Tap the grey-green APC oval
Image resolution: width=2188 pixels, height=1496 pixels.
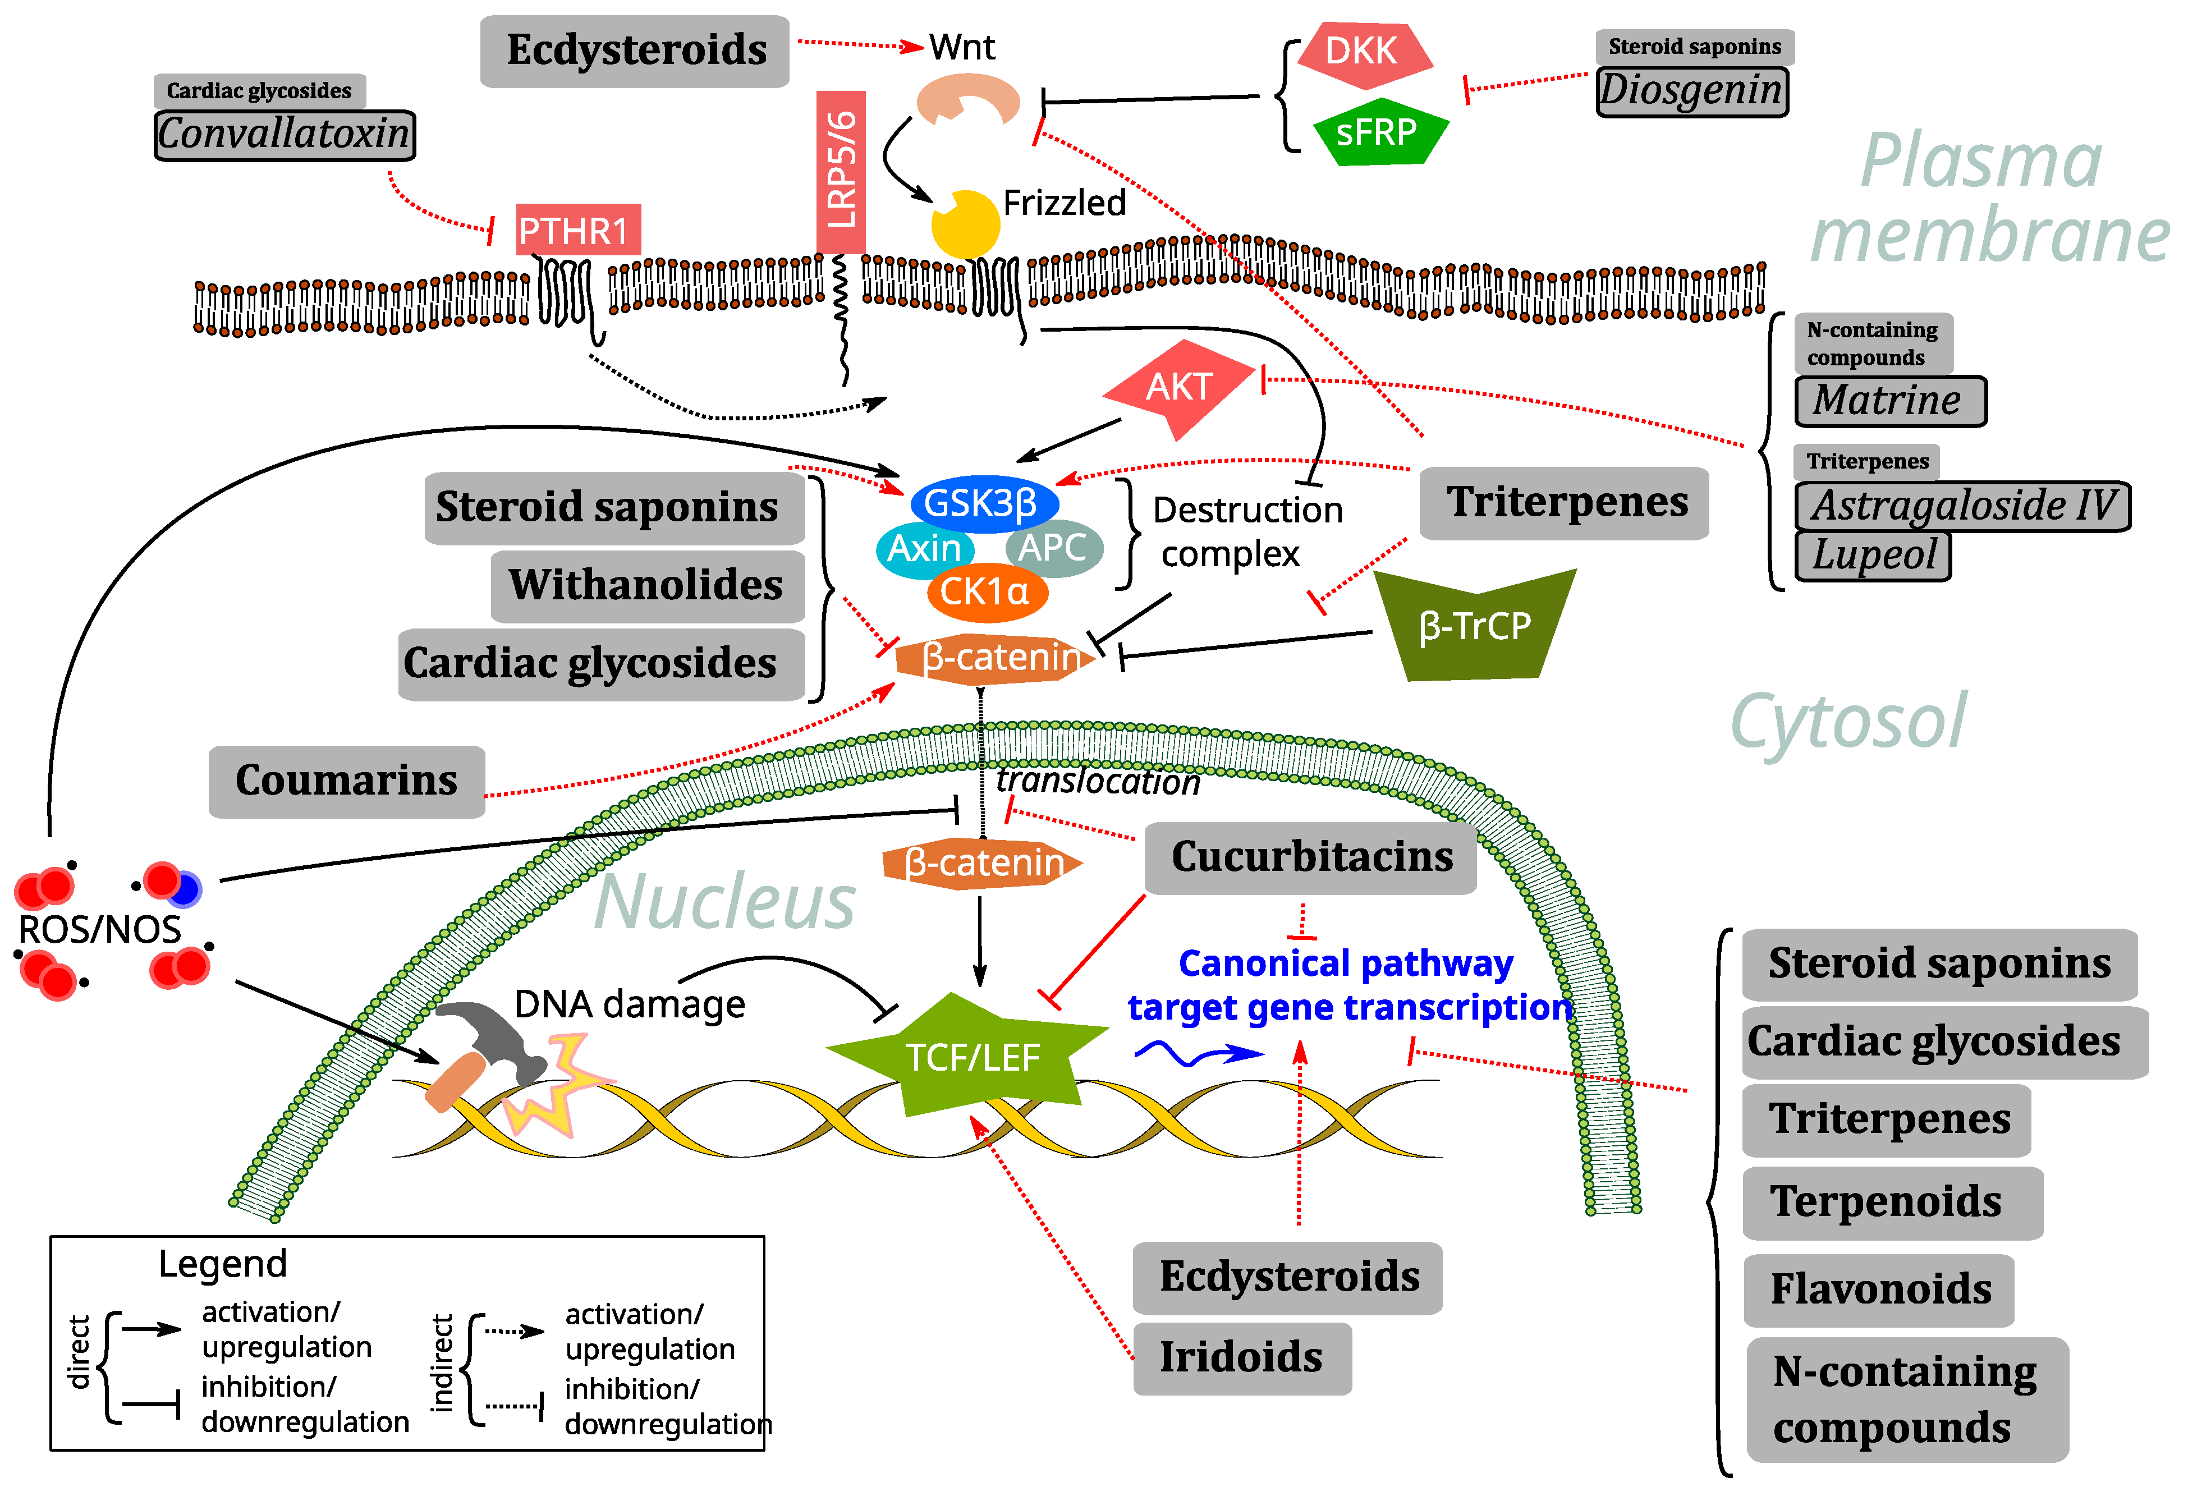pyautogui.click(x=1053, y=548)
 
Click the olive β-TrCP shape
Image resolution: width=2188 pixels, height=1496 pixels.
pyautogui.click(x=1474, y=626)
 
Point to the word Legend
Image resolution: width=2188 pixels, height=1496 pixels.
pyautogui.click(x=222, y=1264)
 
